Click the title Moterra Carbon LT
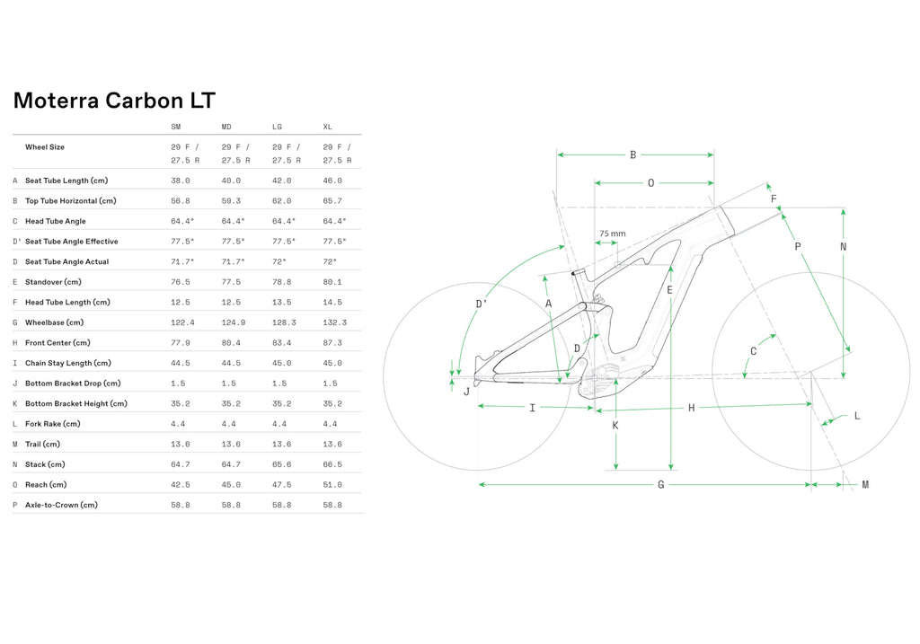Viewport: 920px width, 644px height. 114,101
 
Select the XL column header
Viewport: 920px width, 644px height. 327,127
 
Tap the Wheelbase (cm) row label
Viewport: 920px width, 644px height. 54,322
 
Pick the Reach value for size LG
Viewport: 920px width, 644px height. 281,484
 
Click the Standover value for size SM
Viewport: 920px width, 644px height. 180,282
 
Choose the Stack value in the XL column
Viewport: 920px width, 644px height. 332,464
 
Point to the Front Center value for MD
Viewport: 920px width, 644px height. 231,343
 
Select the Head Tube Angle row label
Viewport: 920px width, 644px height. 55,221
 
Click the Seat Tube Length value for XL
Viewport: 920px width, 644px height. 332,181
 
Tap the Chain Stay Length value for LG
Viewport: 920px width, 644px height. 281,363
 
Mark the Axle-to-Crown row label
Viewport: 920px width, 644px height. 61,505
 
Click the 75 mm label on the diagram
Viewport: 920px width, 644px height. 613,234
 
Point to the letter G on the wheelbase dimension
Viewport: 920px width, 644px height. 660,484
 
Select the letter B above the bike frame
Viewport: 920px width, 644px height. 633,154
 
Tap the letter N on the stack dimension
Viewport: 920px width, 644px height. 843,247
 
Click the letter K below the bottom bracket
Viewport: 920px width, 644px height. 615,425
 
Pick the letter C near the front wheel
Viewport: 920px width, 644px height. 754,351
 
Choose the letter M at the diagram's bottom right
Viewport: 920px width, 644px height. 865,484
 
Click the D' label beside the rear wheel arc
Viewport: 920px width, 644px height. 482,304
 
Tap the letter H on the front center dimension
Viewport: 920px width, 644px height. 691,408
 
